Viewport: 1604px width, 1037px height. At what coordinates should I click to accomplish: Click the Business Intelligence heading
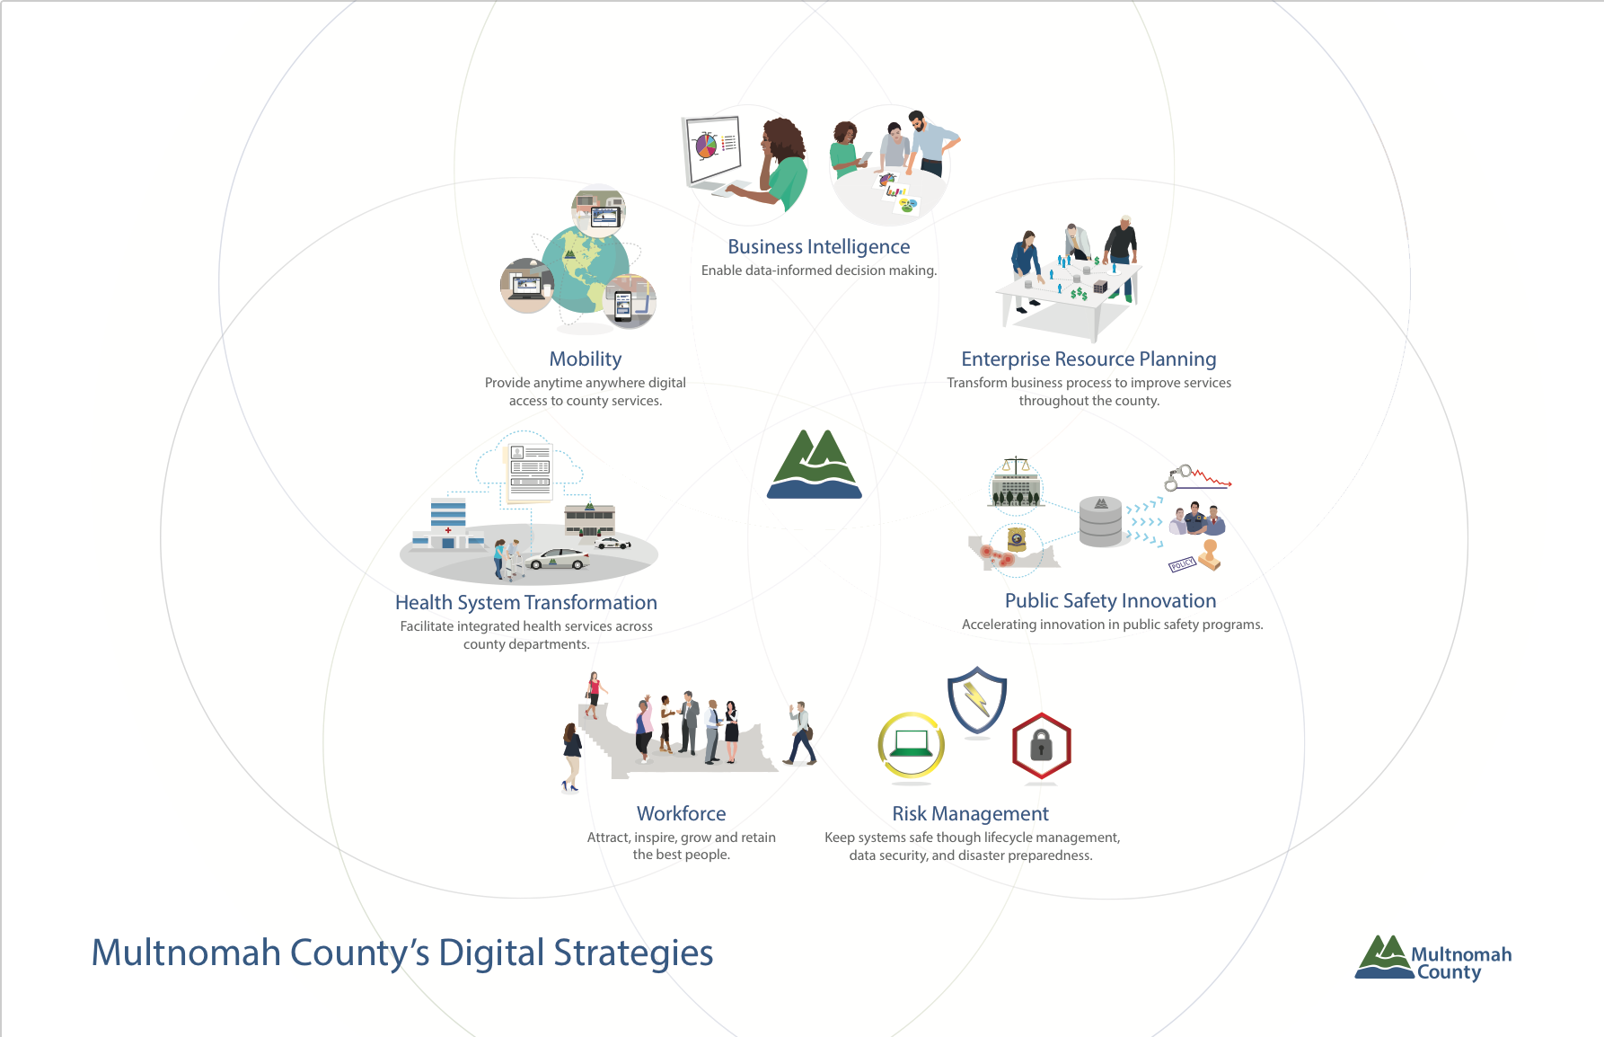pyautogui.click(x=818, y=247)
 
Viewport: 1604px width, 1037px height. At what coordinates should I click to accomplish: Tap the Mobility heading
pyautogui.click(x=586, y=359)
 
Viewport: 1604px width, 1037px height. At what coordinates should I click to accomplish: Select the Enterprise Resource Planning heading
pyautogui.click(x=1088, y=359)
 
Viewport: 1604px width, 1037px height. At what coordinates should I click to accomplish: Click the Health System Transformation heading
pyautogui.click(x=526, y=603)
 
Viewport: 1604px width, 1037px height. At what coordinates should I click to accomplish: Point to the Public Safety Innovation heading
pyautogui.click(x=1111, y=601)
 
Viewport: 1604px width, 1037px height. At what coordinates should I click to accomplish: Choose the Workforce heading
pyautogui.click(x=682, y=813)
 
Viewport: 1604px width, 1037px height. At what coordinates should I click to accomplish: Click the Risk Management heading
pyautogui.click(x=970, y=814)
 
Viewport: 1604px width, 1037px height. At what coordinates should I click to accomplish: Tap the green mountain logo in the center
pyautogui.click(x=815, y=464)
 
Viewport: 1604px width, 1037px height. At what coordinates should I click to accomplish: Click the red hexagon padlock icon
pyautogui.click(x=1042, y=746)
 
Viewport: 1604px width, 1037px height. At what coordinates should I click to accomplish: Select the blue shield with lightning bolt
pyautogui.click(x=977, y=701)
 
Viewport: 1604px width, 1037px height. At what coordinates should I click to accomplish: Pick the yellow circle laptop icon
pyautogui.click(x=911, y=744)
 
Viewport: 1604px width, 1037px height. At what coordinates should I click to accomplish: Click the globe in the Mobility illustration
pyautogui.click(x=584, y=269)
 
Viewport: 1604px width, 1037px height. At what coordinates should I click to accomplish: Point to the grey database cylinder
pyautogui.click(x=1100, y=522)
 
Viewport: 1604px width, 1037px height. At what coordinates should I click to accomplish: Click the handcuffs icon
pyautogui.click(x=1178, y=477)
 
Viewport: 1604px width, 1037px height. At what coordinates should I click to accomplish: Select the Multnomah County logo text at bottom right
pyautogui.click(x=1460, y=963)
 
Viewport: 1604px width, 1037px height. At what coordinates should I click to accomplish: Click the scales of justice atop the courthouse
pyautogui.click(x=1016, y=465)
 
